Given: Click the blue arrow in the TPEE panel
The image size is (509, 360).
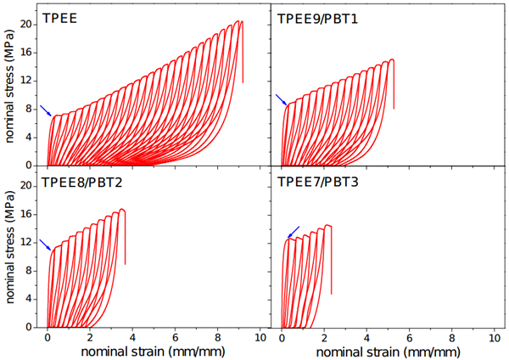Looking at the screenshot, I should tap(46, 110).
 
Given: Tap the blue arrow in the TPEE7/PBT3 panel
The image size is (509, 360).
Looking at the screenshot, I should tap(294, 232).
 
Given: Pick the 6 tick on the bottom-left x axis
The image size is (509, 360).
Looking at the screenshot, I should tap(175, 336).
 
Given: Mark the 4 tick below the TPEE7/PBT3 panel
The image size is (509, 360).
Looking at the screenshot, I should tap(367, 336).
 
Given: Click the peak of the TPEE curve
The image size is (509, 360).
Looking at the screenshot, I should tap(242, 21).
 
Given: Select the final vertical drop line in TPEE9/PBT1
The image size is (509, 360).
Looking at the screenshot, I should tap(394, 85).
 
